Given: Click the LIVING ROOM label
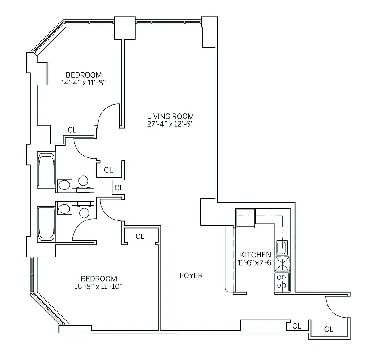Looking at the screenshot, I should click(170, 116).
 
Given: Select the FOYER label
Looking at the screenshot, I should click(191, 275).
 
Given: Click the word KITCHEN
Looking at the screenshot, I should click(255, 255).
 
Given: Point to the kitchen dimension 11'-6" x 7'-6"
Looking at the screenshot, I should click(255, 262).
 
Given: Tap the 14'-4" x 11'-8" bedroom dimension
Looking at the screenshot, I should click(83, 82).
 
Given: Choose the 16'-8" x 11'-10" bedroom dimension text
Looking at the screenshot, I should click(99, 286).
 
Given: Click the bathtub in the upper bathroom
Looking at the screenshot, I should click(46, 170).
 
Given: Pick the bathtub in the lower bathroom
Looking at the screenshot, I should click(46, 223).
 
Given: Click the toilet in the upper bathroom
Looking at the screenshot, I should click(82, 181).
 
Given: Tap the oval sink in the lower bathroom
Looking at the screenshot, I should click(64, 209).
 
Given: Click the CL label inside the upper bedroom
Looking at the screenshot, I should click(72, 130).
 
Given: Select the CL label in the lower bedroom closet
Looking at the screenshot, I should click(140, 236).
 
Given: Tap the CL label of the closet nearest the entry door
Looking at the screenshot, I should click(329, 329).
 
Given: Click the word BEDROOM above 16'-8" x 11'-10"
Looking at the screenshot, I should click(99, 279).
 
